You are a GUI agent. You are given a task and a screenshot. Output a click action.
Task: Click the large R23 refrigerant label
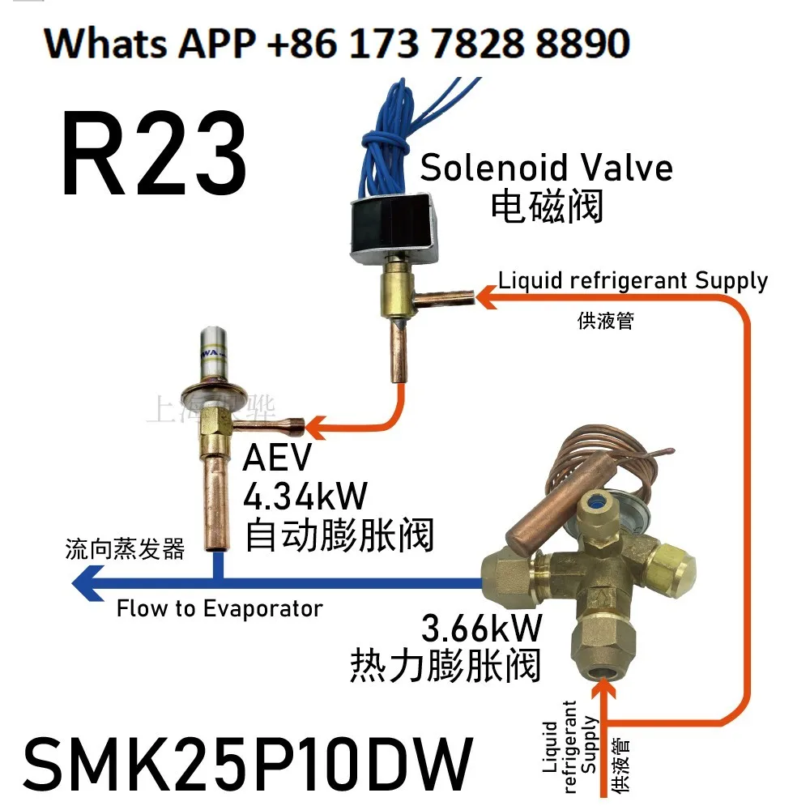[x=154, y=154]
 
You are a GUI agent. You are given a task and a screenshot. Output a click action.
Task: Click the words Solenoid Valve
[x=546, y=168]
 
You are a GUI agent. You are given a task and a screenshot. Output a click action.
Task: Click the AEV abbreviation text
[x=277, y=459]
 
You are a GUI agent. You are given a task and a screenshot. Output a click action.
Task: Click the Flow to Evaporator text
[x=220, y=609]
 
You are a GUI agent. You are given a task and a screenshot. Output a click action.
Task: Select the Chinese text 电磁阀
[x=548, y=207]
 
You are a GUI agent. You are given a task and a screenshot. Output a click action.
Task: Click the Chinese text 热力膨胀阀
[x=445, y=667]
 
